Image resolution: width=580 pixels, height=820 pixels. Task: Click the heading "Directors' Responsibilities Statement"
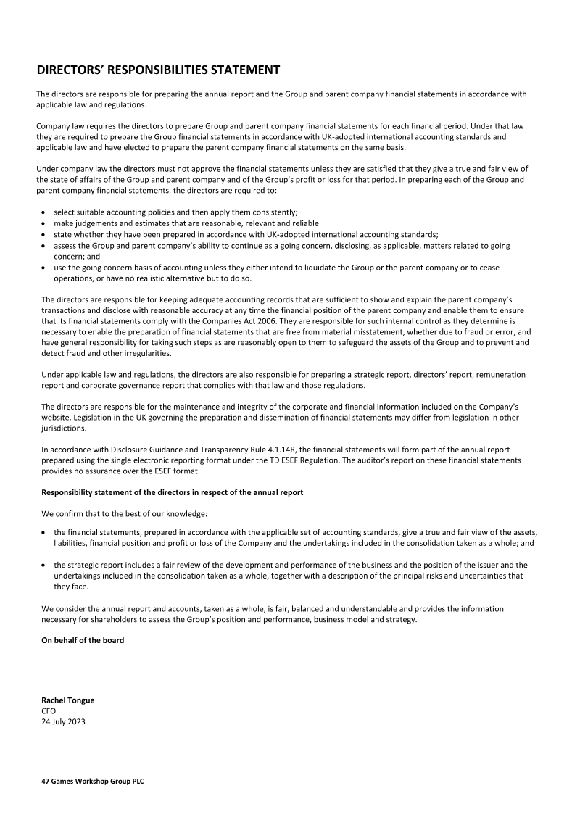click(158, 70)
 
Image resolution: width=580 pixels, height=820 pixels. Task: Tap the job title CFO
click(49, 711)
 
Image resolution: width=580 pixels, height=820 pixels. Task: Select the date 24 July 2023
click(64, 721)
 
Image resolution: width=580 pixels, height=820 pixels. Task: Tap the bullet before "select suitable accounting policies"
click(44, 212)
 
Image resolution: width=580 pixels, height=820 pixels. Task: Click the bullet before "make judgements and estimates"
click(44, 223)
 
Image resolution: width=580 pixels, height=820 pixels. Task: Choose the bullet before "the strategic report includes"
click(44, 565)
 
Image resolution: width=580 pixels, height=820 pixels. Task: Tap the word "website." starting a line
click(57, 409)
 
